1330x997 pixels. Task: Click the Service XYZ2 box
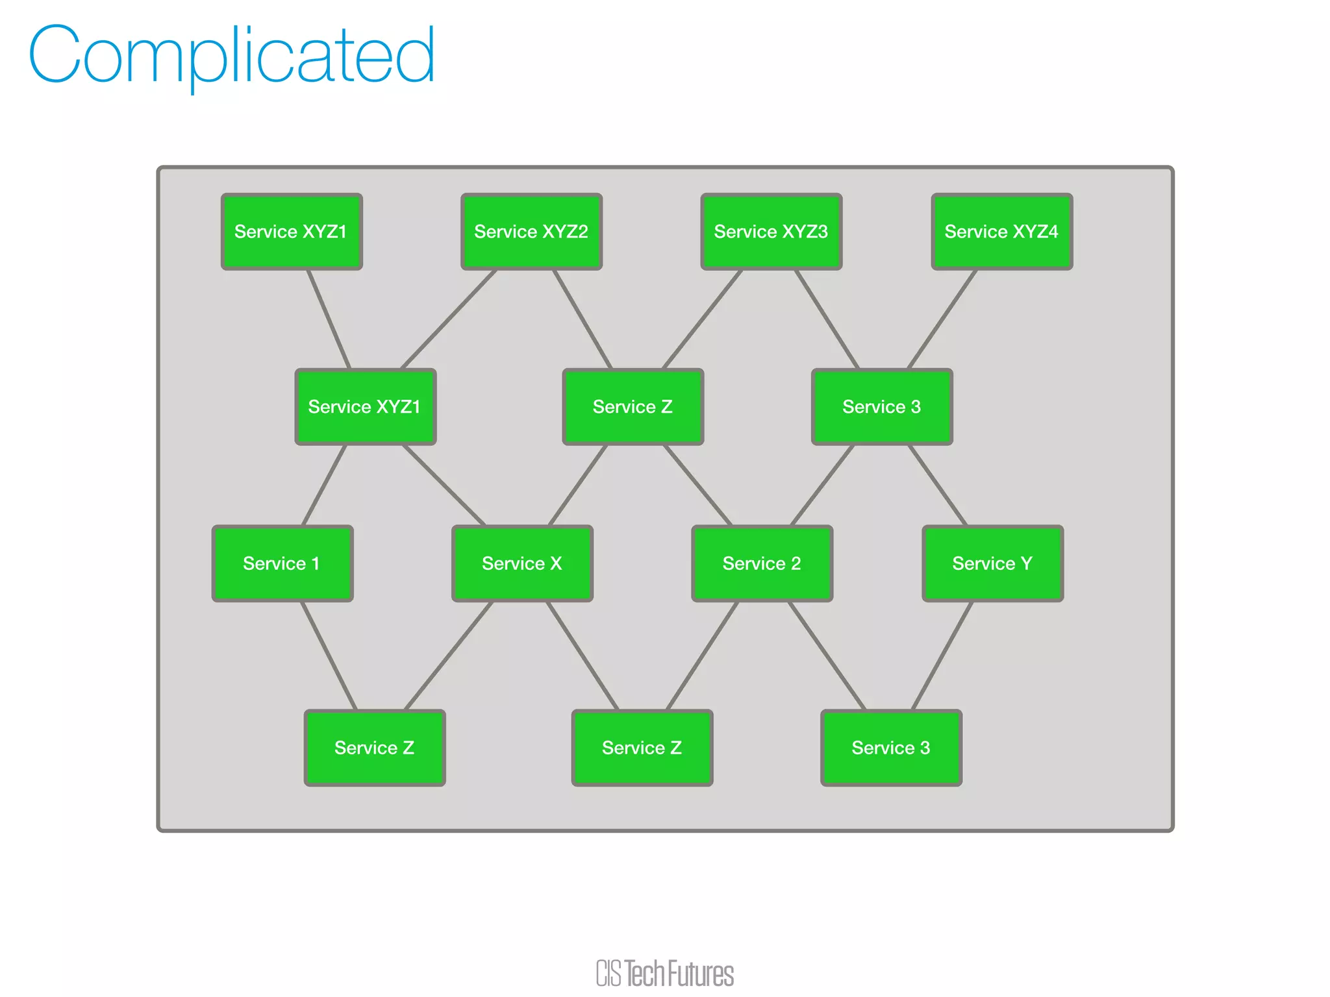pos(531,232)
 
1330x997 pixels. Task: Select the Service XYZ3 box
pos(771,232)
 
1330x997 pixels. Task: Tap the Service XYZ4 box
pos(1001,232)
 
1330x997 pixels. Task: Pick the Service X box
pos(522,563)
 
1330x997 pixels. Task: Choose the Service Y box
pos(992,563)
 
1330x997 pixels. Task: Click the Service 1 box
pos(282,563)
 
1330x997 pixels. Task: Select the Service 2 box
pos(762,563)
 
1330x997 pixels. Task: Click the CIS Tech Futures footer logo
pos(665,973)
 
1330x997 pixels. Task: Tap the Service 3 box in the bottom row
pos(891,748)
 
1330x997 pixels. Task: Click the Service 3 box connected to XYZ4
pos(882,407)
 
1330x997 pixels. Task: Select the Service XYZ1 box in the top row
pos(291,232)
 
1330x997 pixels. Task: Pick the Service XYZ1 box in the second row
pos(365,407)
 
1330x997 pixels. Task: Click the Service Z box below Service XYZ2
pos(633,407)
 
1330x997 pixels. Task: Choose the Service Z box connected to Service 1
pos(375,748)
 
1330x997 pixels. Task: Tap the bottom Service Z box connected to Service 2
pos(642,748)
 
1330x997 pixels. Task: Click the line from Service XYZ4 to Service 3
pos(942,319)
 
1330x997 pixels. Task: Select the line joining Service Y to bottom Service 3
pos(942,656)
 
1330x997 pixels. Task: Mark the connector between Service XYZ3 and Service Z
pos(702,319)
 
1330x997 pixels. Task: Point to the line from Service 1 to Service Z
pos(329,656)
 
